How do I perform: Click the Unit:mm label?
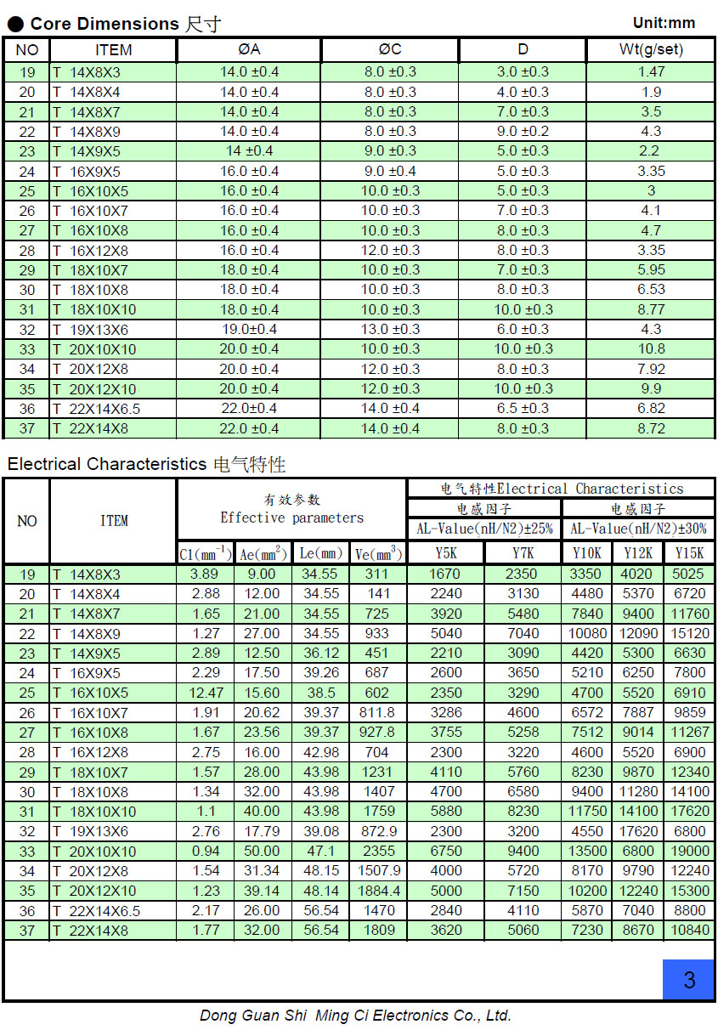[664, 23]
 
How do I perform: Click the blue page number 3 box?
[688, 979]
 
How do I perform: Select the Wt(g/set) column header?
[651, 50]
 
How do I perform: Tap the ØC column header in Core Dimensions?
[390, 50]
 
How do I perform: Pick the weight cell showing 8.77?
[651, 309]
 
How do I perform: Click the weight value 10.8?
[651, 349]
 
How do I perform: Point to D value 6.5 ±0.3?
[523, 409]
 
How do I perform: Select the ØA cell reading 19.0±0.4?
[250, 330]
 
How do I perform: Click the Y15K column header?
[689, 553]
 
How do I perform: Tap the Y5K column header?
[446, 553]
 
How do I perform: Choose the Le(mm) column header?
[320, 554]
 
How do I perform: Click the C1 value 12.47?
[206, 693]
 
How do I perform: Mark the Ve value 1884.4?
[378, 891]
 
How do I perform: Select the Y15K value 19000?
[689, 851]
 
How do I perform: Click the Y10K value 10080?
[587, 633]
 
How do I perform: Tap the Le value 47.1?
[320, 851]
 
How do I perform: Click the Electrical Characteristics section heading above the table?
[146, 464]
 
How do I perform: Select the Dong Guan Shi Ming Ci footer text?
[355, 1016]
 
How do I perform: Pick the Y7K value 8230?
[523, 812]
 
